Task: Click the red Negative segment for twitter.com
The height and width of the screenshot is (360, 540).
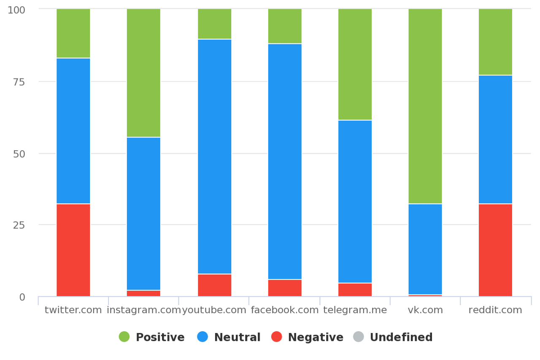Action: point(73,250)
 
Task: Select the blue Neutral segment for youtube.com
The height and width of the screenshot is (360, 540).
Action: point(214,157)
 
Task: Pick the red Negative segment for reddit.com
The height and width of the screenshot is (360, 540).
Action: point(495,250)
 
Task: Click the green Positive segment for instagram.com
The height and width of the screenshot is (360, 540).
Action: point(143,73)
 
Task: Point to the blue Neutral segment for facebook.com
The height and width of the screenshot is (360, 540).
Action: point(285,162)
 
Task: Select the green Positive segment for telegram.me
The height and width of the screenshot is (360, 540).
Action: point(355,65)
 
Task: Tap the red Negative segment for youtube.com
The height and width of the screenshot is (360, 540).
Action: point(214,285)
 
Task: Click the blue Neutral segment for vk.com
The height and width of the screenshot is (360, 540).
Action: point(425,249)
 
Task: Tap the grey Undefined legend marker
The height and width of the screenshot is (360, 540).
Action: point(358,337)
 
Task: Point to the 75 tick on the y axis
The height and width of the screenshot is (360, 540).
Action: point(19,82)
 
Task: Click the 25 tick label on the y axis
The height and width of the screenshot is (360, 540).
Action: point(19,225)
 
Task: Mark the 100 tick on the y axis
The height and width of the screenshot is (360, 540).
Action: point(16,10)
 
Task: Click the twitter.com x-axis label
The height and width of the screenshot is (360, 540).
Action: point(73,310)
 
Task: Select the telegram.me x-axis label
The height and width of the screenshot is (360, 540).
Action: point(355,310)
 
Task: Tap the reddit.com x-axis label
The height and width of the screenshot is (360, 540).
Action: point(495,310)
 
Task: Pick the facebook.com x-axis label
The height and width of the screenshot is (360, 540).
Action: point(285,310)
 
